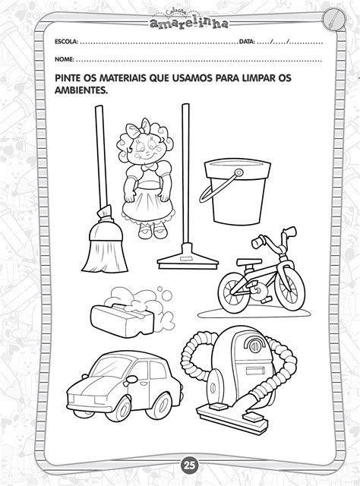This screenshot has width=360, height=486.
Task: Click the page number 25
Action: (188, 465)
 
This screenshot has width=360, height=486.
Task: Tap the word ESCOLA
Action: (66, 41)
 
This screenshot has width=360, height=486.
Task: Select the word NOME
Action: (65, 59)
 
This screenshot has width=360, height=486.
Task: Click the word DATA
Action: (247, 41)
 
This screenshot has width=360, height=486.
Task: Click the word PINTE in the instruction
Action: (67, 77)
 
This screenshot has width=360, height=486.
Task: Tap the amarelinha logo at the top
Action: (188, 21)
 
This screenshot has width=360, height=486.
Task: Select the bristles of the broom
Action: (105, 251)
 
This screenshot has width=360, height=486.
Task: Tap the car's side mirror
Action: (131, 379)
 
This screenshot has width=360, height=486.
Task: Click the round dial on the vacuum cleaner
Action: (254, 346)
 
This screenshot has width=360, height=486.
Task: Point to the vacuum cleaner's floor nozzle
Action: (232, 413)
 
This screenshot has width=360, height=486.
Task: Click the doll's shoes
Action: (153, 231)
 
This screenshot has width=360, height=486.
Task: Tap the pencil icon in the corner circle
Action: (333, 20)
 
